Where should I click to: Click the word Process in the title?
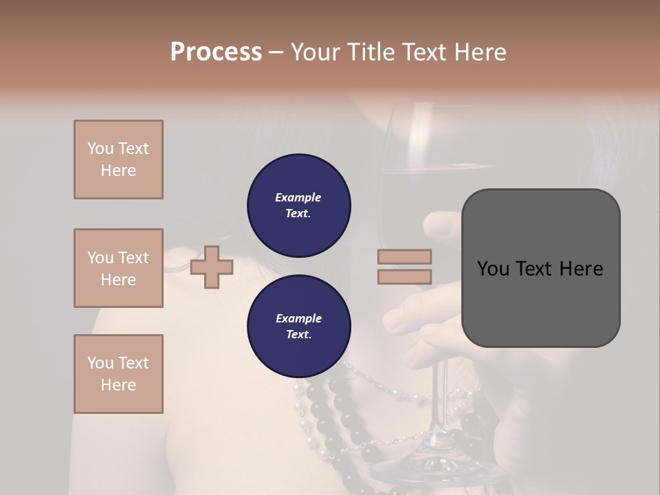click(x=216, y=52)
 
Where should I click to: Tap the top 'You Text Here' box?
click(x=118, y=159)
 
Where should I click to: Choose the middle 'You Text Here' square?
click(x=118, y=268)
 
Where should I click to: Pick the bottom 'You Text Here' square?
click(x=118, y=374)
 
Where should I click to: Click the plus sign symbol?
click(x=212, y=267)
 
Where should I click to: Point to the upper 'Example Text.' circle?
click(x=298, y=206)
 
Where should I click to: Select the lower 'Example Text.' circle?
click(x=298, y=327)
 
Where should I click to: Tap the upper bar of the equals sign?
click(x=405, y=257)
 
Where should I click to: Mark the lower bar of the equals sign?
click(x=405, y=276)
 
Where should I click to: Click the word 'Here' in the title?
click(x=481, y=52)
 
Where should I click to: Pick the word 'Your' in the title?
click(x=314, y=52)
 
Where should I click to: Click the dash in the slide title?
click(x=276, y=52)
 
